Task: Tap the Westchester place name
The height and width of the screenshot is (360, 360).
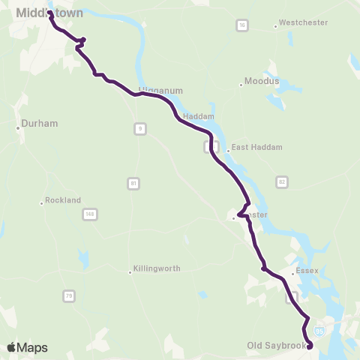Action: click(304, 22)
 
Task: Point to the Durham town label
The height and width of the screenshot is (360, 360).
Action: click(40, 123)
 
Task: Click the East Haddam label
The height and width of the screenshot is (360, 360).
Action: click(250, 147)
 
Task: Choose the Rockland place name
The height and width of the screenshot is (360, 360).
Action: click(63, 200)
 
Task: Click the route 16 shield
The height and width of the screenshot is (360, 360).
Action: click(241, 26)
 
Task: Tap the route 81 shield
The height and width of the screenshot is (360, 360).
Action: click(133, 183)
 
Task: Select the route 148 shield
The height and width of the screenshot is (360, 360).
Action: click(89, 214)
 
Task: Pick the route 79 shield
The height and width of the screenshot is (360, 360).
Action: click(69, 296)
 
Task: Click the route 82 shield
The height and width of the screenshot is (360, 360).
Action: click(281, 182)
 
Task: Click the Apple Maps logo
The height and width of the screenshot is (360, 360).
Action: click(26, 347)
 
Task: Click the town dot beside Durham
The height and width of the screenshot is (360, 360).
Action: click(18, 127)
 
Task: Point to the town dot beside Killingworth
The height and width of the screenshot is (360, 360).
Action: click(130, 272)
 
